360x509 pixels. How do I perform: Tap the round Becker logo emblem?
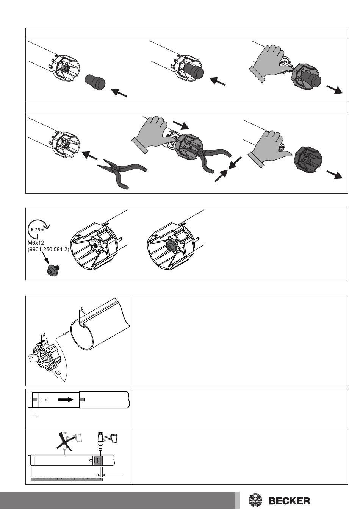pyautogui.click(x=255, y=500)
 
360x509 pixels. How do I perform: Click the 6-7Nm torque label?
pyautogui.click(x=38, y=230)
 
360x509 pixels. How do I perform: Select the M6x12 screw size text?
pyautogui.click(x=36, y=243)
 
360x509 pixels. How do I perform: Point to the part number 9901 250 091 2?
pyautogui.click(x=48, y=249)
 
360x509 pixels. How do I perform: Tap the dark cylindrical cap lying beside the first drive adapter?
pyautogui.click(x=95, y=81)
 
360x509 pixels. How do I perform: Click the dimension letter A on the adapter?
pyautogui.click(x=44, y=334)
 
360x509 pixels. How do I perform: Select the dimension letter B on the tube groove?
pyautogui.click(x=82, y=309)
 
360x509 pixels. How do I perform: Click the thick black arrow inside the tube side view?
pyautogui.click(x=66, y=400)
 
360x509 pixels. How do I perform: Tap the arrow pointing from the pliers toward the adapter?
pyautogui.click(x=89, y=156)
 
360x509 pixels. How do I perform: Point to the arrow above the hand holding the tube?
pyautogui.click(x=181, y=125)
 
